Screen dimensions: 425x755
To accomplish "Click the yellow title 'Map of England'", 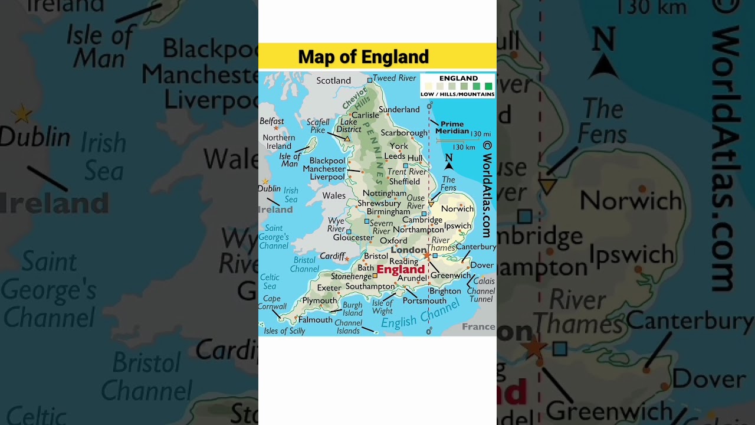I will (x=363, y=57).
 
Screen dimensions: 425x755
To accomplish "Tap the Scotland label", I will (x=333, y=81).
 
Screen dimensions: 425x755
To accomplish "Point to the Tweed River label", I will (x=394, y=78).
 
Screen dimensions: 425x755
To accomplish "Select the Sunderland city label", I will (x=399, y=109).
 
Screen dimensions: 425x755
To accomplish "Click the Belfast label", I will (x=271, y=121).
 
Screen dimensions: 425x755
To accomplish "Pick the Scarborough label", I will (x=403, y=133).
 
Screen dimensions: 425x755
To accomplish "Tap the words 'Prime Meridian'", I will (x=452, y=127).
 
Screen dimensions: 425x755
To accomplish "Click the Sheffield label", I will (x=404, y=182).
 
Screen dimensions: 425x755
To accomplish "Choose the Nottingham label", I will (x=384, y=193).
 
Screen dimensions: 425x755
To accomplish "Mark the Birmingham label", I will (x=388, y=211).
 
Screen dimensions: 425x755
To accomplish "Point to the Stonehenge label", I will (x=351, y=276).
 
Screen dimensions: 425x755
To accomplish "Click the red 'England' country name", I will (x=401, y=270).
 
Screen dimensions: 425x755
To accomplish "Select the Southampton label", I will (x=369, y=286).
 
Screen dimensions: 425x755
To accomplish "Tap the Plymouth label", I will (x=319, y=300).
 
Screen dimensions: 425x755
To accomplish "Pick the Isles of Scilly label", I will (x=284, y=331).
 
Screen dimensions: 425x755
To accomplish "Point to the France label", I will (x=478, y=326).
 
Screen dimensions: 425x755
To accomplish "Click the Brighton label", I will (x=445, y=291).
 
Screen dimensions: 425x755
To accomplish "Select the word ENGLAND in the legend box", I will (x=458, y=78).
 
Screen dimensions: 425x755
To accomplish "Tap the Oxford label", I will (x=393, y=240).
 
